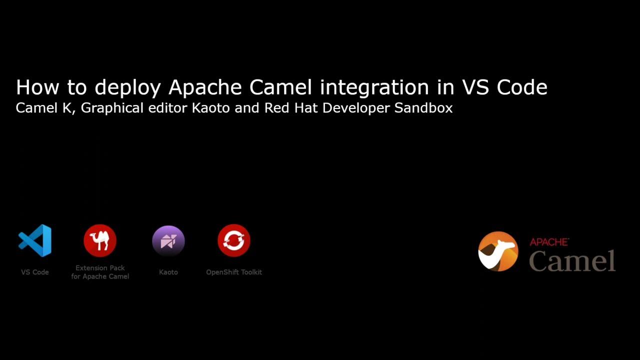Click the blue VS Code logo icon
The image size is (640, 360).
coord(35,240)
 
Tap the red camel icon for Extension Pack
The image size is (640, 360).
coord(100,240)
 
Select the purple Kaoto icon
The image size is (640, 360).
coord(168,241)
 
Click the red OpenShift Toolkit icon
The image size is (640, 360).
coord(234,240)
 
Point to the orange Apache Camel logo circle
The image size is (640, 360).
coord(498,251)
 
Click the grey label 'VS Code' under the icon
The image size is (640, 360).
coord(35,272)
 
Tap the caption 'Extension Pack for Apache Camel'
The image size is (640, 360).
coord(100,272)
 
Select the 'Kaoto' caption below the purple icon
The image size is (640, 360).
coord(168,272)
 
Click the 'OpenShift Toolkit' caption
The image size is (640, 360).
coord(234,272)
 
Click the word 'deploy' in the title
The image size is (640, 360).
coord(127,88)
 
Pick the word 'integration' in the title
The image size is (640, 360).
coord(374,87)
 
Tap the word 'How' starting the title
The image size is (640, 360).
coord(37,87)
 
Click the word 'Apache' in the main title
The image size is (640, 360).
coord(205,88)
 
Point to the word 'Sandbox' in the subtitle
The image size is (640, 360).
coord(423,108)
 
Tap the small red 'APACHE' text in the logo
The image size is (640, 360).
coord(549,242)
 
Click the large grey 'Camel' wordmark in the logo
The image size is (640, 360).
coord(572,260)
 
